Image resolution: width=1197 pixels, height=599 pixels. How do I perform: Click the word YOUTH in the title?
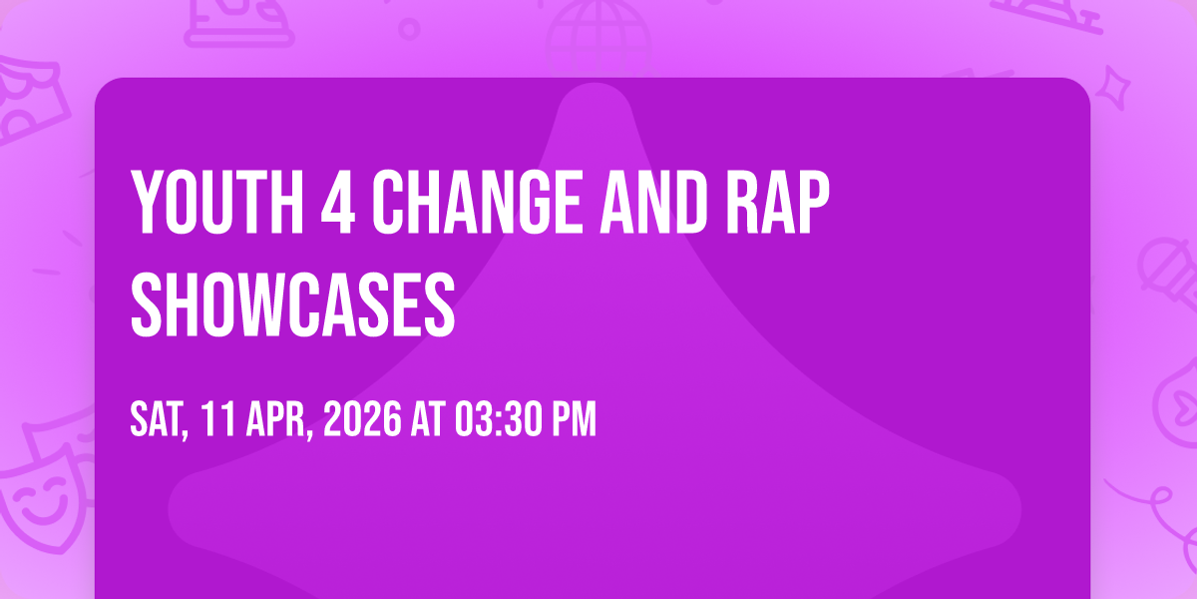217,202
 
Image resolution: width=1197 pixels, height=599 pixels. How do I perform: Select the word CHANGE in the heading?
477,202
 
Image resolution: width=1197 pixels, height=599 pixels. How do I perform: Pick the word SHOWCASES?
293,303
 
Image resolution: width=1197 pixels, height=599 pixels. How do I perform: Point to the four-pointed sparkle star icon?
1113,88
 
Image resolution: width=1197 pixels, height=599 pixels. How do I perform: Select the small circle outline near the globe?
409,29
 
